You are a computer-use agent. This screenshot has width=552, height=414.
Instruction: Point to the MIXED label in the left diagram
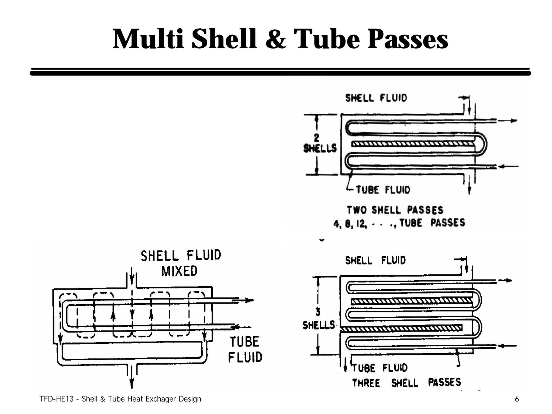click(x=180, y=271)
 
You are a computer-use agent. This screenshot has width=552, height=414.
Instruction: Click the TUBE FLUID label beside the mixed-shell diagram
click(x=245, y=350)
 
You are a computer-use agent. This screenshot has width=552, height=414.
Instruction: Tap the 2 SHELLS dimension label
click(x=320, y=144)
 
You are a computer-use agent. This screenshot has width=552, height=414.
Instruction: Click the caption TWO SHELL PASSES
click(x=395, y=210)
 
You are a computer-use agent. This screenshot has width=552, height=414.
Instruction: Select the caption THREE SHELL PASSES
click(x=406, y=383)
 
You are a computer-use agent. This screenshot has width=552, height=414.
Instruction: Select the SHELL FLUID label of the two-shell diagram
click(x=376, y=98)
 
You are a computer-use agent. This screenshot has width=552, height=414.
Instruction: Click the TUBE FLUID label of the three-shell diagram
click(x=380, y=368)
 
